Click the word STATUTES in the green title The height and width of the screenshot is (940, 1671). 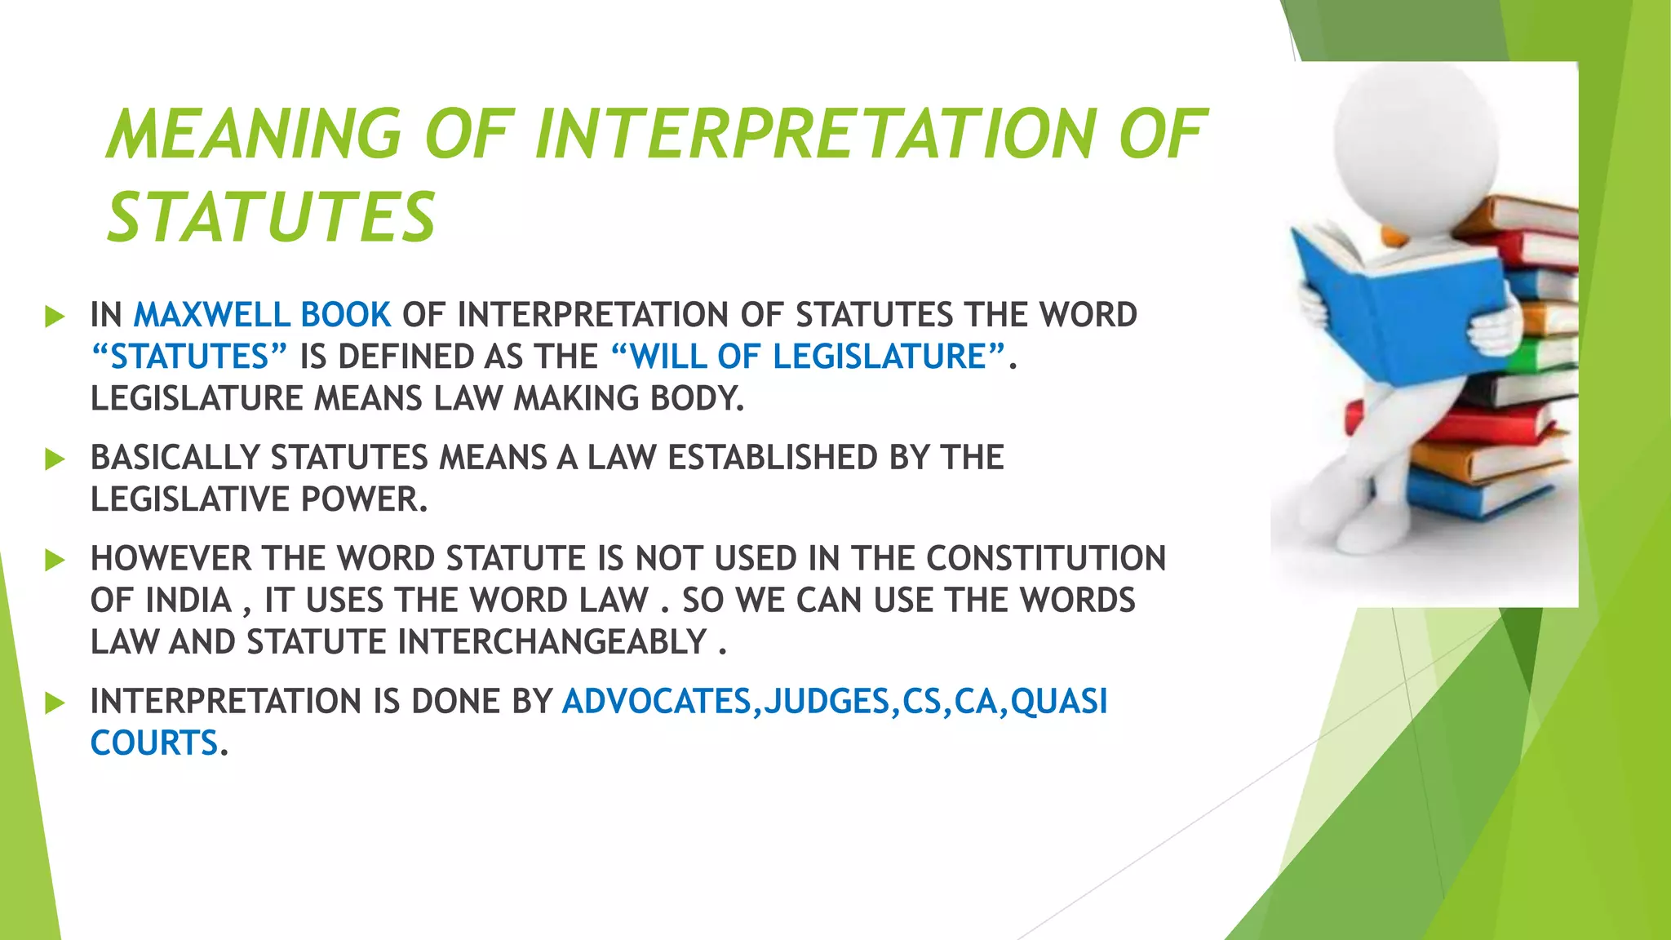tap(272, 217)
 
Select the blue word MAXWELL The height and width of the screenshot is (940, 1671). tap(212, 315)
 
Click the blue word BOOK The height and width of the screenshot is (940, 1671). tap(346, 315)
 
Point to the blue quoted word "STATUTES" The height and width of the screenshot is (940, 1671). tap(189, 357)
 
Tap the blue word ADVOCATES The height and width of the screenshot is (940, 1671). tap(657, 702)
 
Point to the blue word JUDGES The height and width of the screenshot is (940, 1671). tap(826, 702)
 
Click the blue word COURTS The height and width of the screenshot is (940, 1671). tap(154, 743)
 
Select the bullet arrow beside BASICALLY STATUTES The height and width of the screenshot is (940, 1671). tap(55, 459)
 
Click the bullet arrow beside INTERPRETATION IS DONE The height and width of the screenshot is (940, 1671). tap(55, 703)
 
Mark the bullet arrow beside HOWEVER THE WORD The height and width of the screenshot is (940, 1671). tap(55, 560)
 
